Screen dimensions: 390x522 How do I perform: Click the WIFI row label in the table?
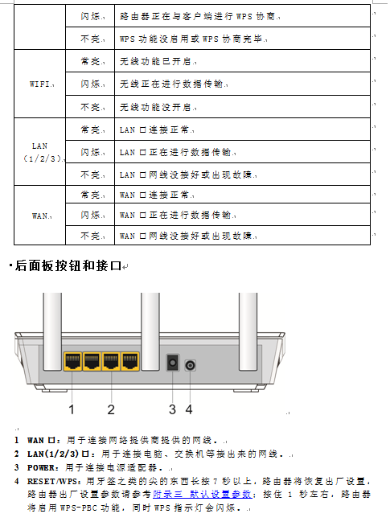coord(40,84)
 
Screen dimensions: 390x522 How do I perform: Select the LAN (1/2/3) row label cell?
coord(40,152)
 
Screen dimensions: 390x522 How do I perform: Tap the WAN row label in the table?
coord(40,216)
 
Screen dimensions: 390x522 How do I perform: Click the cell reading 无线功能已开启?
coord(242,61)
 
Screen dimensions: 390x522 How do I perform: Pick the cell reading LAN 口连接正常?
coord(242,129)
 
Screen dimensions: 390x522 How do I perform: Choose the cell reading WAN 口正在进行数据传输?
coord(242,215)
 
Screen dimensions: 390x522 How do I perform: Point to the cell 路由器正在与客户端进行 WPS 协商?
coord(242,16)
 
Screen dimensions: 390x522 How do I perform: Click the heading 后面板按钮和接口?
coord(68,265)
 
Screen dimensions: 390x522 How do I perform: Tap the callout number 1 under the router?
coord(72,409)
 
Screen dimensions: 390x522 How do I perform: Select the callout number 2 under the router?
coord(111,409)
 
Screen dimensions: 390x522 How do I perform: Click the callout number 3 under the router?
coord(172,409)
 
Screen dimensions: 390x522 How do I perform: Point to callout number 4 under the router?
coord(189,409)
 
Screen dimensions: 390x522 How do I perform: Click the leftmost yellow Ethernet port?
coord(72,361)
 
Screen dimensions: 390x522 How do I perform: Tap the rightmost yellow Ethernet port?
coord(130,361)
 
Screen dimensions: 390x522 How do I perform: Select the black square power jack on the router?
coord(172,363)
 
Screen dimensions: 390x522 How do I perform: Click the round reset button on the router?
coord(190,365)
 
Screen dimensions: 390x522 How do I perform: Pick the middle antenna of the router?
coord(150,331)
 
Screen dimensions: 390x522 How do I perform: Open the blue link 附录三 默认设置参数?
coord(203,495)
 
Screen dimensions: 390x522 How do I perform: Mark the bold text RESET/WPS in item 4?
coord(53,482)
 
